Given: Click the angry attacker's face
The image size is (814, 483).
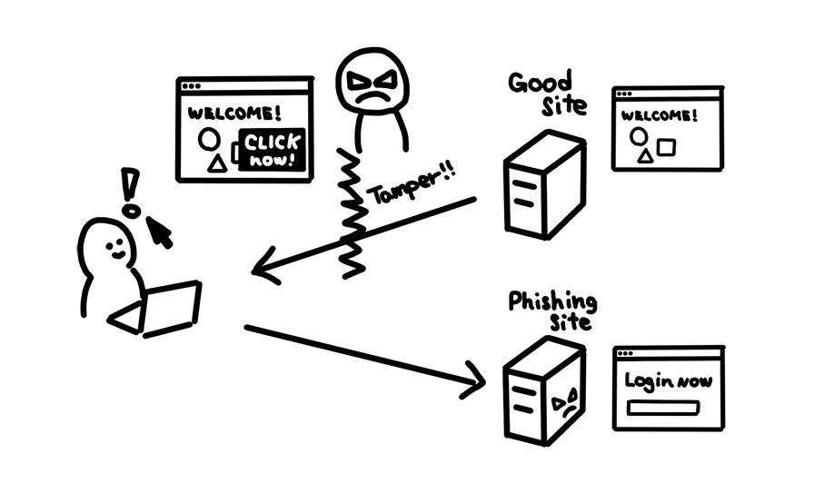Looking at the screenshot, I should click(x=372, y=84).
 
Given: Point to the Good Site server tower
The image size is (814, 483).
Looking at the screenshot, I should click(x=542, y=184).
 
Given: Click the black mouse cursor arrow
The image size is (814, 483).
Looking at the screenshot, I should click(x=160, y=232).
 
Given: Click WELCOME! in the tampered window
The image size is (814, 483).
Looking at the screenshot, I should click(x=233, y=113).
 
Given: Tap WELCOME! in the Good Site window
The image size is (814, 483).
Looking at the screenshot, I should click(x=660, y=115).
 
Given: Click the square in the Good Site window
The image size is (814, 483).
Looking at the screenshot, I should click(x=668, y=146).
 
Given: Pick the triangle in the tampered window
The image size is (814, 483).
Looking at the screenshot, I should click(x=216, y=163).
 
